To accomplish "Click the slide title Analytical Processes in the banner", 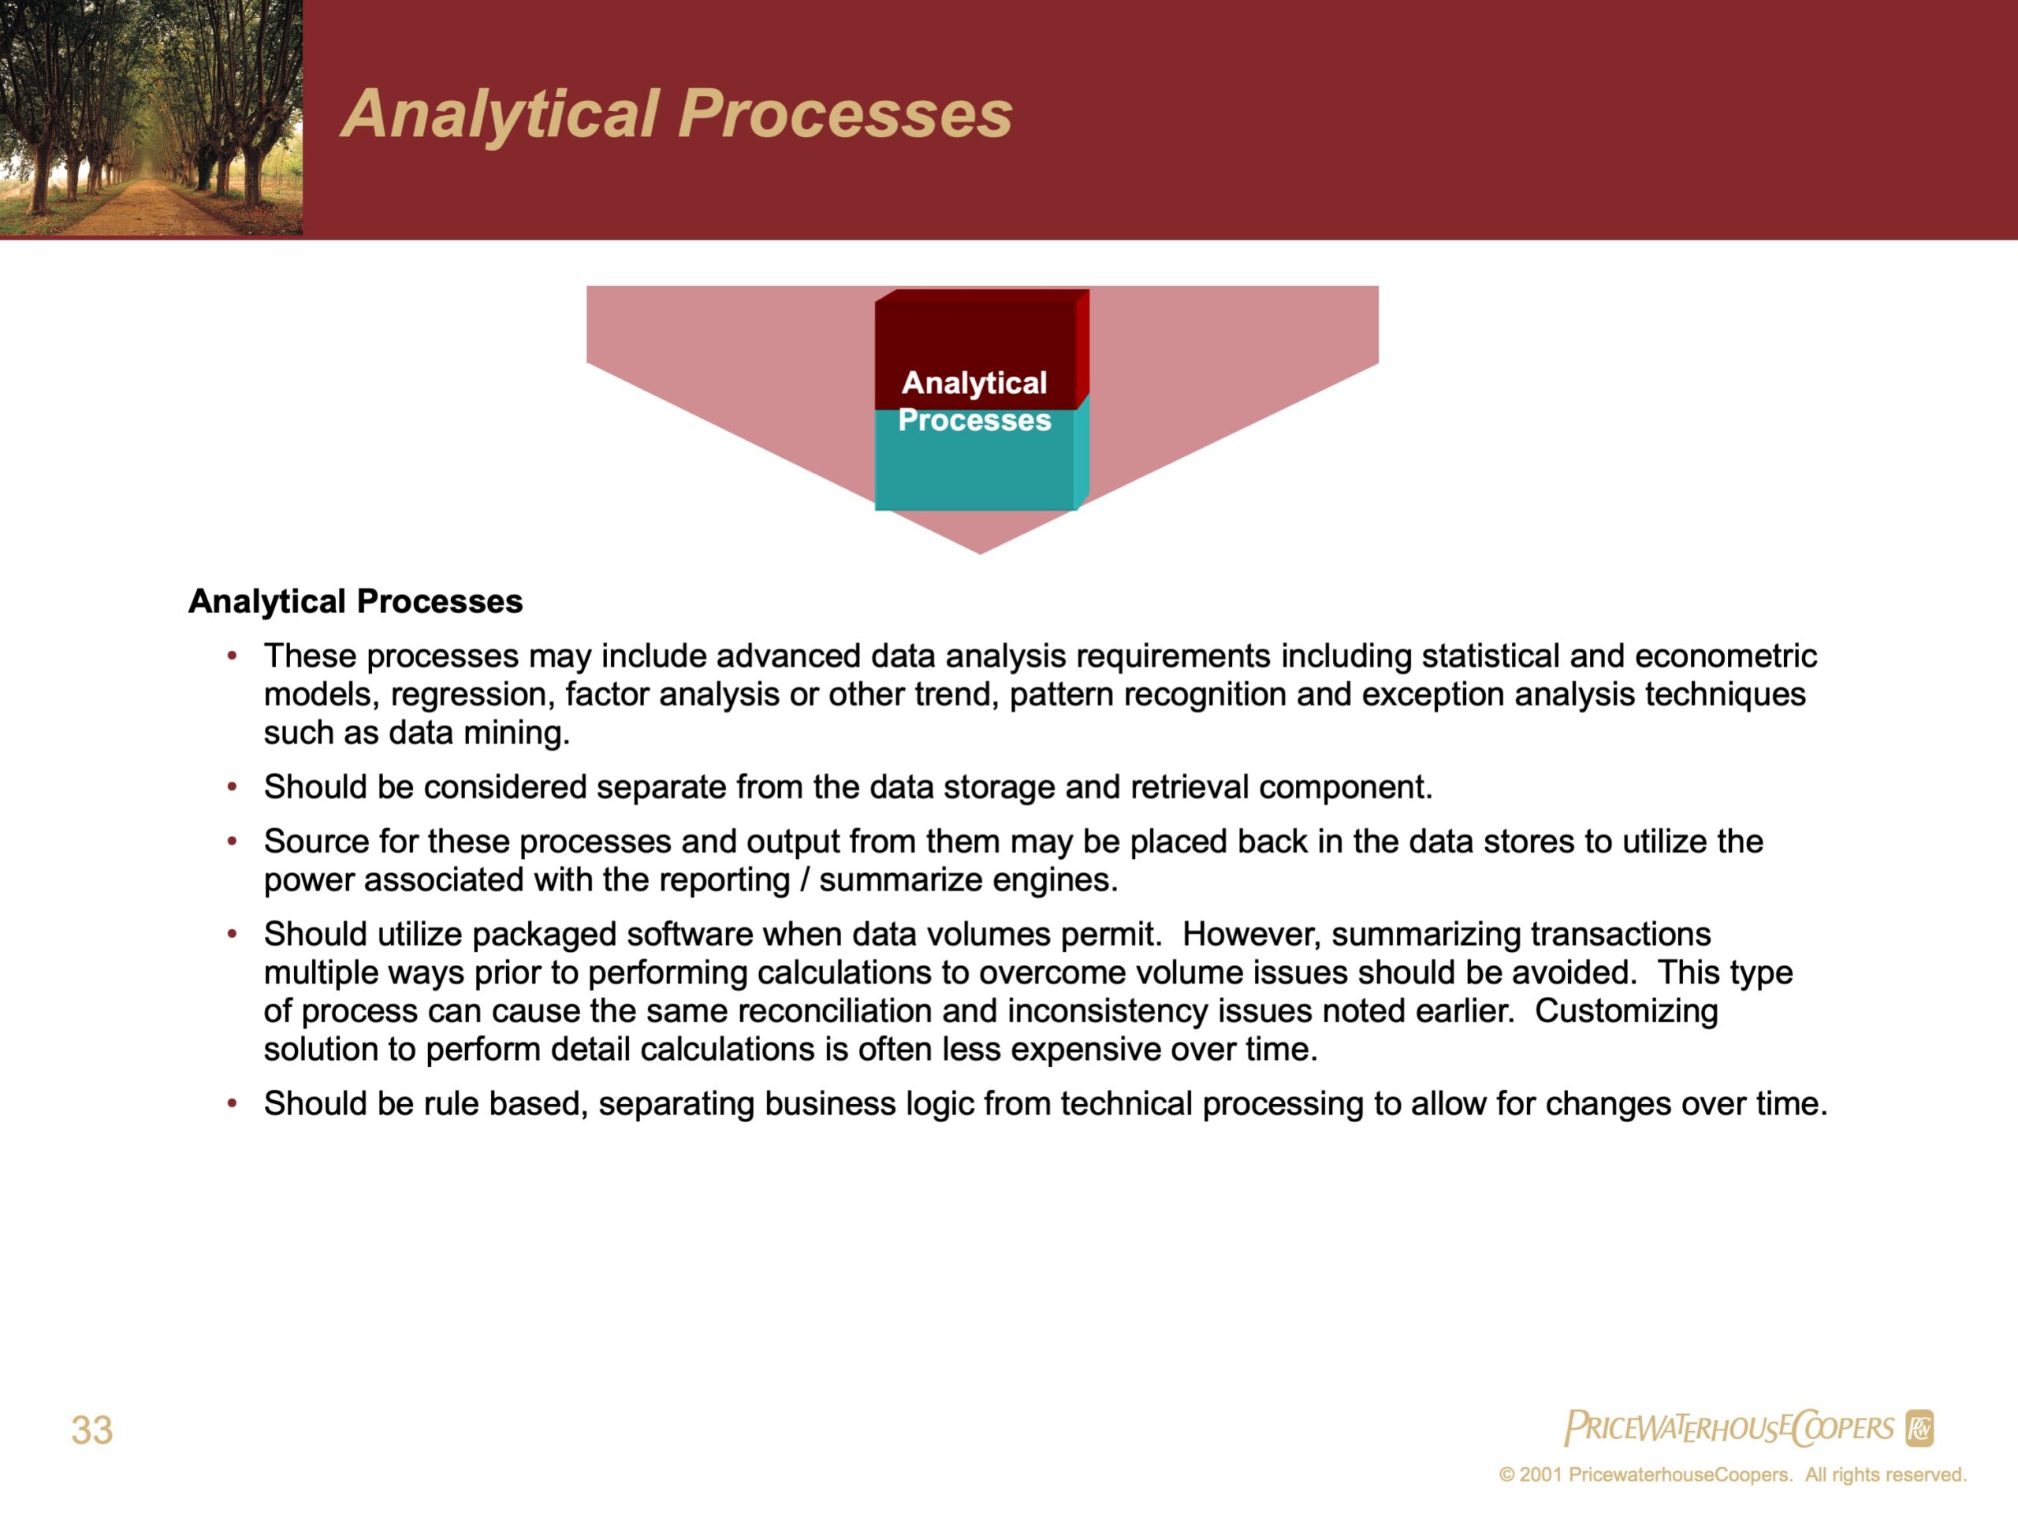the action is point(677,115).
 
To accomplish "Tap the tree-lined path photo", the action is point(151,117).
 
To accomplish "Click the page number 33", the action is point(92,1429).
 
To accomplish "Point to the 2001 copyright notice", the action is point(1733,1474).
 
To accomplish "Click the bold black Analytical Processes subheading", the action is point(356,602).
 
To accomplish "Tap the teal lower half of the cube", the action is point(975,459).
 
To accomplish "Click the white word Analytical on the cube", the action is point(974,383).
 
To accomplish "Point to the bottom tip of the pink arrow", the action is point(981,553).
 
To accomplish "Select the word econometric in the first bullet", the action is point(1726,656).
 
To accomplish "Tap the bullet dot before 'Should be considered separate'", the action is point(233,786).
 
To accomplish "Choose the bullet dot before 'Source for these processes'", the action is point(233,840).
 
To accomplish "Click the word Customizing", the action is point(1627,1010).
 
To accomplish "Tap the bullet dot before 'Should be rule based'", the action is point(233,1102).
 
